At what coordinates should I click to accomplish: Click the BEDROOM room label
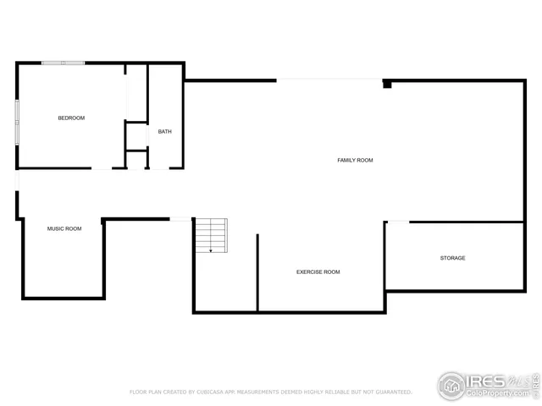[x=71, y=118]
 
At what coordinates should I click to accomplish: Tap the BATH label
[x=164, y=131]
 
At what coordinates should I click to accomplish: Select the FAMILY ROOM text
[x=355, y=160]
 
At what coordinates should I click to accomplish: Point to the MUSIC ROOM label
[x=64, y=228]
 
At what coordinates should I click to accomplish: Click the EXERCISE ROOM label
[x=318, y=272]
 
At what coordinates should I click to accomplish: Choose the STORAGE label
[x=452, y=258]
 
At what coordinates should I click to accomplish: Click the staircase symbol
[x=211, y=234]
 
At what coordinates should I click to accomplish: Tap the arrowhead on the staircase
[x=211, y=250]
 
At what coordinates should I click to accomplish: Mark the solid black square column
[x=387, y=84]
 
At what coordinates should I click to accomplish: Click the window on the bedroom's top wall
[x=64, y=63]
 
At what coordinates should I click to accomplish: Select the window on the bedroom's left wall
[x=17, y=123]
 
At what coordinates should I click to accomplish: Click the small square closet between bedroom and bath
[x=136, y=135]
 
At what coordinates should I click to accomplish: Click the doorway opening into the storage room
[x=397, y=222]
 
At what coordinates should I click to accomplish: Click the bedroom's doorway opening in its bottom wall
[x=102, y=168]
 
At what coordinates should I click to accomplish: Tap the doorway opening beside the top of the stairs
[x=181, y=219]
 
